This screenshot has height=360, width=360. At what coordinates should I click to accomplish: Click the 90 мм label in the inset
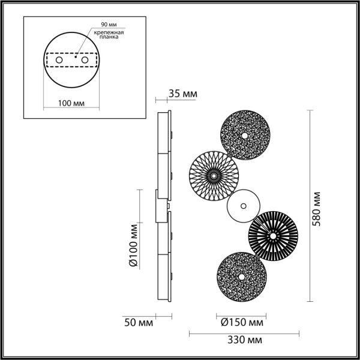tap(108, 24)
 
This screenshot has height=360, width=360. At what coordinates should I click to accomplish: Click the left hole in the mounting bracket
tap(59, 61)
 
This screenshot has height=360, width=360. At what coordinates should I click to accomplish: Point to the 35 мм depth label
tap(182, 94)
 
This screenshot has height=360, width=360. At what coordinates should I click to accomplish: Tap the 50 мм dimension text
tap(137, 322)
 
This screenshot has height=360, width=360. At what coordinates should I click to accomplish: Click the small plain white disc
tap(243, 206)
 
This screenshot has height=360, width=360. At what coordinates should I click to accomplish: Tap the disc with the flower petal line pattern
tap(214, 175)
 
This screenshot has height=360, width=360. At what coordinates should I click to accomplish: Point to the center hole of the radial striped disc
tap(272, 236)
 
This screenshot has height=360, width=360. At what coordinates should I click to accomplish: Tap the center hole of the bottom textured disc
tap(240, 277)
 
